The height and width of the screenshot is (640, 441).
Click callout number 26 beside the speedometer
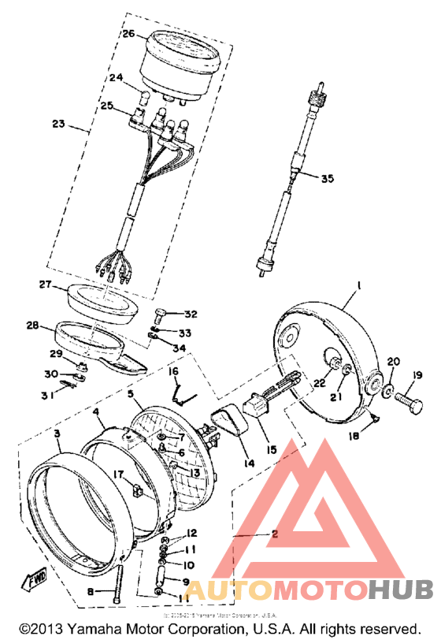129,34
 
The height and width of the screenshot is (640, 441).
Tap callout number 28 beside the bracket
31,325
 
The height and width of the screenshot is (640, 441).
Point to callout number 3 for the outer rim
57,433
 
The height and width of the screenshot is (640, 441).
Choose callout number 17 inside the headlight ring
120,474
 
